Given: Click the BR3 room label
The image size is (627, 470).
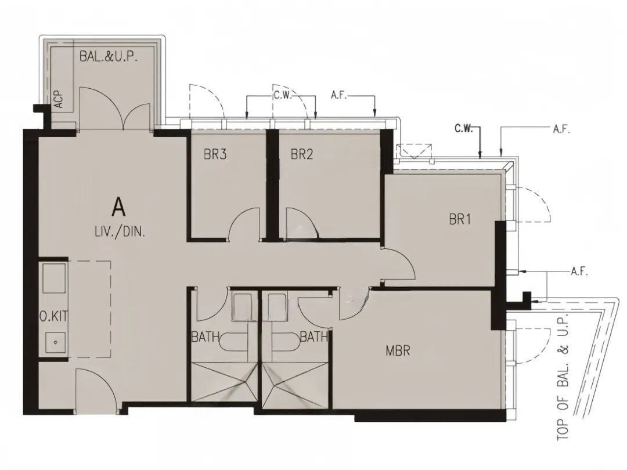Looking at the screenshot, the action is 215,154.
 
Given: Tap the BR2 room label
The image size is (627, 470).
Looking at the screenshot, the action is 302,154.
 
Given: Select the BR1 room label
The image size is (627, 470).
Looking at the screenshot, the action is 460,219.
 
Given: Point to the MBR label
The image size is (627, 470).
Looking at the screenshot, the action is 398,351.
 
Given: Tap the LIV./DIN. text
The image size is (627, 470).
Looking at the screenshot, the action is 120,232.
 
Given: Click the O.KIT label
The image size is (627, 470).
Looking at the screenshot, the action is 53,317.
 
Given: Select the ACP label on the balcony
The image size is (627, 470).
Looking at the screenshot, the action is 59,99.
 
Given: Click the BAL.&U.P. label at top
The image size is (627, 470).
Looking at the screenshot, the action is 109,56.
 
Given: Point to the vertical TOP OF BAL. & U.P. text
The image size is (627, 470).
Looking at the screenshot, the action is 563,375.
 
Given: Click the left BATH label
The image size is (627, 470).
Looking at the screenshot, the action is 205,337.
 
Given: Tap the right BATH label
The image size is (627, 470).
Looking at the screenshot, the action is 314,337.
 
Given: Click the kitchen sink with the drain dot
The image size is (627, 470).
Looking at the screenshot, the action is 56,342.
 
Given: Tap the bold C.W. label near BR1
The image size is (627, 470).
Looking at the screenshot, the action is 463,129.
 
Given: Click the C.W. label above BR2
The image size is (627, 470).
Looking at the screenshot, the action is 283,96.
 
